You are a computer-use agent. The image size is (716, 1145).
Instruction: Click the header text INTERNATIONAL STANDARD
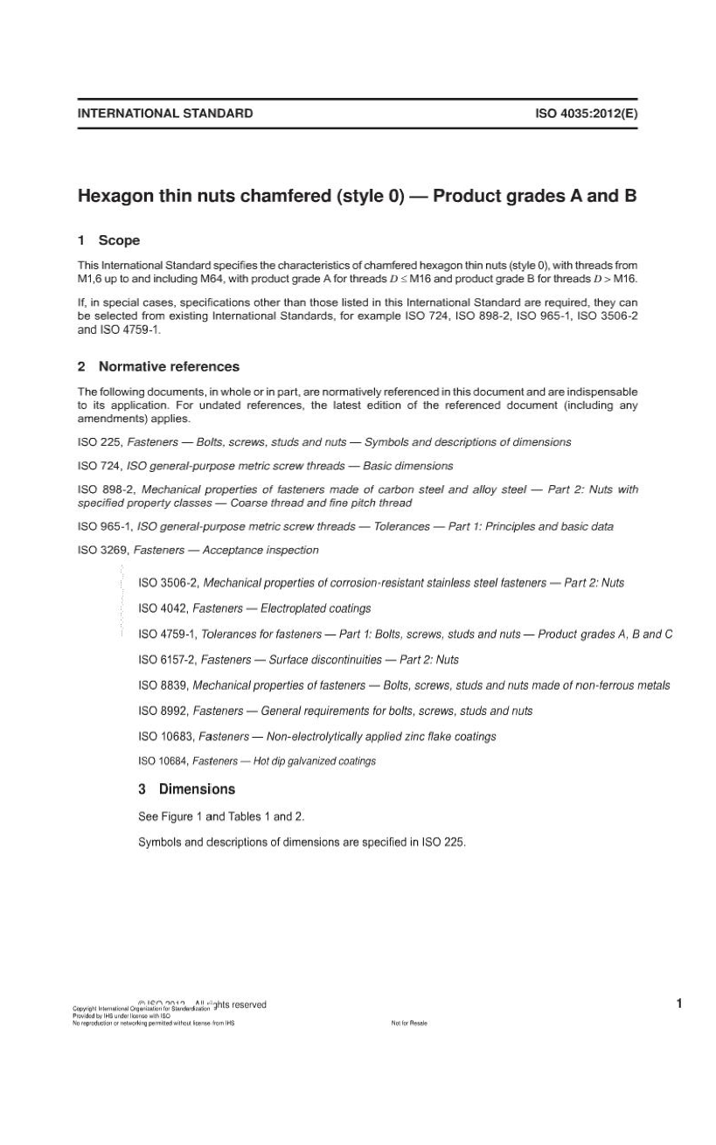tap(165, 113)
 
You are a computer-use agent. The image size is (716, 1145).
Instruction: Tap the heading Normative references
tap(169, 366)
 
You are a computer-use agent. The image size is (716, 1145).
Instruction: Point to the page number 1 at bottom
tap(678, 1003)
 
